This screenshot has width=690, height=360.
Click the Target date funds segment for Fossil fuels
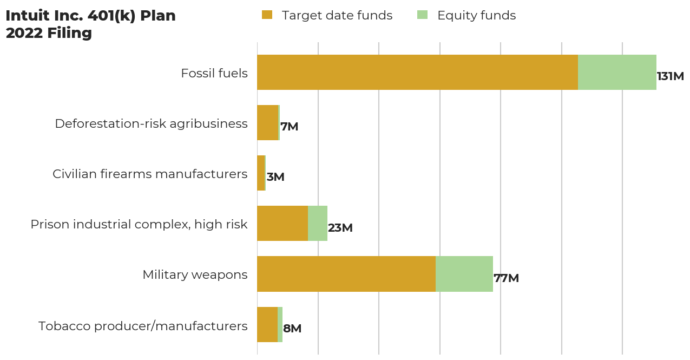tap(417, 72)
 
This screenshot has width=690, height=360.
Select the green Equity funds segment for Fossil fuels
tap(617, 72)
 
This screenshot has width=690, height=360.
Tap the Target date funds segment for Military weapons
tap(346, 274)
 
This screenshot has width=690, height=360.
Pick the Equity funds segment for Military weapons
tap(464, 274)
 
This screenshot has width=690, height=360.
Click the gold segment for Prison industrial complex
tap(282, 223)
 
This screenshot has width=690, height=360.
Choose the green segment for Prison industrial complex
tap(318, 223)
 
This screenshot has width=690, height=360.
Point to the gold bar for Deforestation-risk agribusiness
tap(267, 122)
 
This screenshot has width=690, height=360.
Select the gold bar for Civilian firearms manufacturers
tap(261, 173)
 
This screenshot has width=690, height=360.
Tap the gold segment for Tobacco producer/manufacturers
tap(267, 324)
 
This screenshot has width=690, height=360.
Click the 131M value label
tap(670, 76)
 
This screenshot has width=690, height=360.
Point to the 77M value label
tap(506, 278)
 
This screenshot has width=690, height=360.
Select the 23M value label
tap(340, 228)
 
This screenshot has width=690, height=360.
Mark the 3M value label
tap(275, 177)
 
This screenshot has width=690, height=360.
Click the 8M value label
tap(292, 329)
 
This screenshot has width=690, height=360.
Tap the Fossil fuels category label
tap(214, 73)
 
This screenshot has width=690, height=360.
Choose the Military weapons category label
tap(195, 275)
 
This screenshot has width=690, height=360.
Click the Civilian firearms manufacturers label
tap(150, 174)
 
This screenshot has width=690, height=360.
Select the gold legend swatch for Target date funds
tap(267, 15)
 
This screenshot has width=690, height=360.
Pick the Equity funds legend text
tap(476, 16)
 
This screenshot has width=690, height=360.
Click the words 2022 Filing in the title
tap(49, 33)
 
